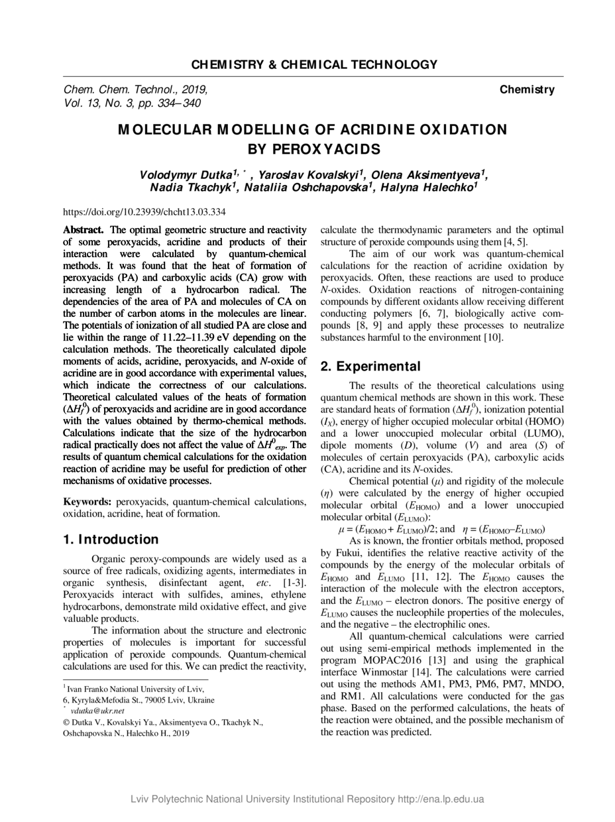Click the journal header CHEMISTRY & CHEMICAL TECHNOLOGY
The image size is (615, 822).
coord(314,64)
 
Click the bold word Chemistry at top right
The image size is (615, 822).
coord(527,89)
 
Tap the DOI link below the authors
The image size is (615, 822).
coord(144,212)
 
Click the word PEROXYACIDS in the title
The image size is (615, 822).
coord(314,148)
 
